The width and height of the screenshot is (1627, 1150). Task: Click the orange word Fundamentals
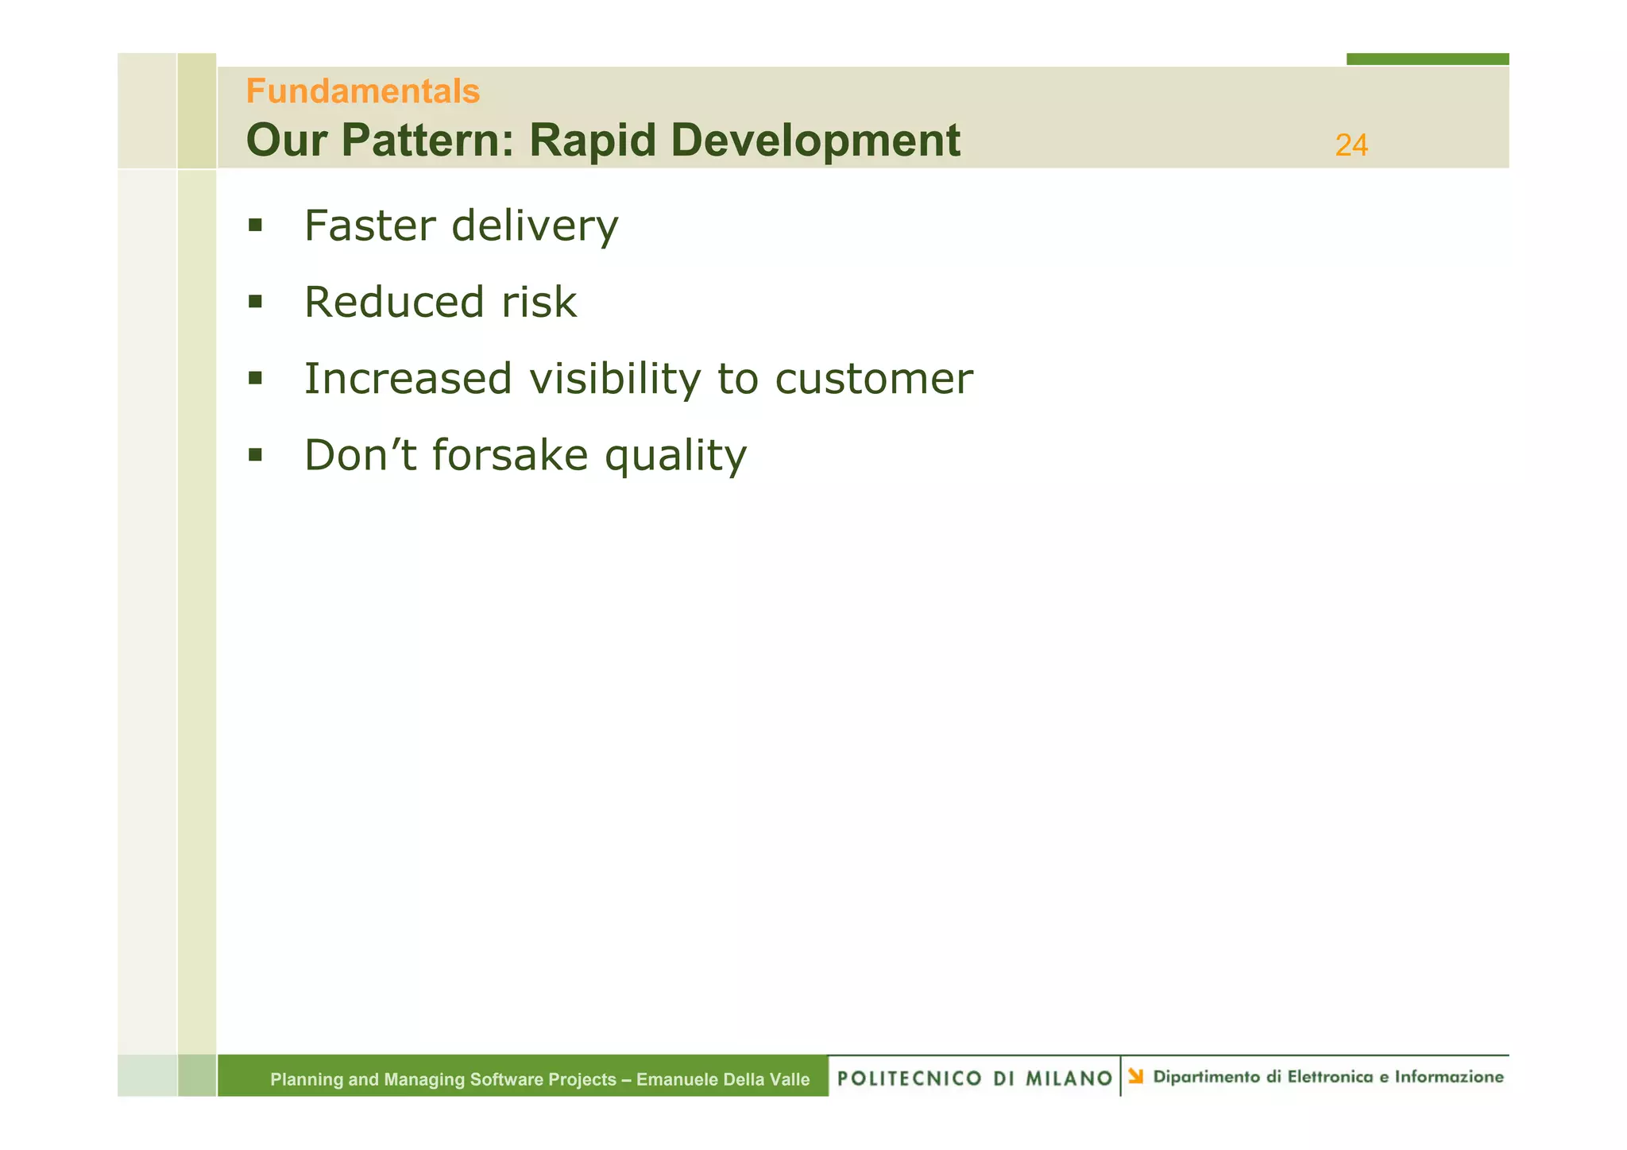[362, 91]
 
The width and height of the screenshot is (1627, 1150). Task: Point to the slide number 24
[1351, 145]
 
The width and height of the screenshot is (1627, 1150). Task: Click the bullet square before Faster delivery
[255, 226]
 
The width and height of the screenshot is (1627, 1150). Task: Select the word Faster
[370, 226]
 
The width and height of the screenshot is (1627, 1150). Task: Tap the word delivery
[535, 227]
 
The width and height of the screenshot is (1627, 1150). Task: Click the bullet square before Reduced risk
[255, 302]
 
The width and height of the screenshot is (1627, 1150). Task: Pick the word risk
[539, 303]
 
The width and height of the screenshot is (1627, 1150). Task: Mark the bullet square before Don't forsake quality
[255, 455]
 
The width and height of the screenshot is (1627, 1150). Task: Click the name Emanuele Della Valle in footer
[723, 1079]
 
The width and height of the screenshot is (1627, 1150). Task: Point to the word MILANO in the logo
[1069, 1079]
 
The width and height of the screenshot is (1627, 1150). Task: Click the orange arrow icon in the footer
[1136, 1076]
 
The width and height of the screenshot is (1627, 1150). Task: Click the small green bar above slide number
[1427, 59]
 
